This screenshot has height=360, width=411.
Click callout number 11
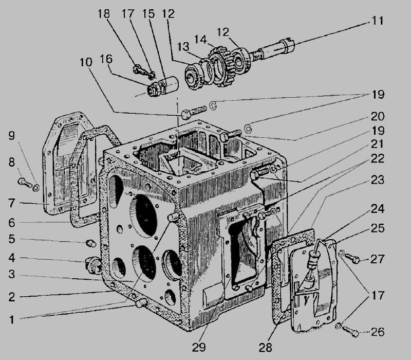click(x=378, y=21)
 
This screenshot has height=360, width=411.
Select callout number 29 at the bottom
click(x=199, y=348)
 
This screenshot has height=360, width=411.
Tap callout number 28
click(x=266, y=348)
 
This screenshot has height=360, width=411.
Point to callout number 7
click(x=11, y=203)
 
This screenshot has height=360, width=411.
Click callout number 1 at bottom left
click(x=11, y=319)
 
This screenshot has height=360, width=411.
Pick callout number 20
click(x=378, y=116)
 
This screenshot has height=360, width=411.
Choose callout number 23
click(x=378, y=179)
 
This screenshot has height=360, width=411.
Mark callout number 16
click(x=106, y=59)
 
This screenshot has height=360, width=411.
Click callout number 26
click(x=378, y=332)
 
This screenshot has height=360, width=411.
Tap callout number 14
click(x=200, y=40)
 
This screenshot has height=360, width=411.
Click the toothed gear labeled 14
click(x=221, y=66)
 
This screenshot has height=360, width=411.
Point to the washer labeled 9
click(x=36, y=188)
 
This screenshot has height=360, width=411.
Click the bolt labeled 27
click(x=352, y=259)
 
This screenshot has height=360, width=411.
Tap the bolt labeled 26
click(x=350, y=331)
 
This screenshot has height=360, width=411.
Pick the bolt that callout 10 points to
click(x=194, y=111)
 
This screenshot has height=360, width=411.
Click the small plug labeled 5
click(x=91, y=243)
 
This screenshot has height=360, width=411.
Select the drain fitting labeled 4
click(x=94, y=265)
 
